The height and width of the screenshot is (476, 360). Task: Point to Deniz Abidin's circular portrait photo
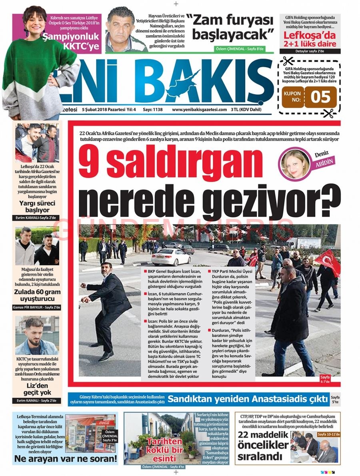(295, 164)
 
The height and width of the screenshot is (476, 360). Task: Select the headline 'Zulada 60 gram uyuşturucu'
(37, 295)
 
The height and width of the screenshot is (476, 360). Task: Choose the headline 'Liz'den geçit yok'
(37, 388)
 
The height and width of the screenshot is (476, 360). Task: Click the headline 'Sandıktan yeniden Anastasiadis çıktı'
(246, 399)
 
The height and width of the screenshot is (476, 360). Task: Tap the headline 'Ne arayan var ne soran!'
(65, 458)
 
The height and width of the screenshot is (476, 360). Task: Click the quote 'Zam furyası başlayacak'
(232, 26)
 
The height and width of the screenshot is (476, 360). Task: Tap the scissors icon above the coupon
(287, 61)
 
